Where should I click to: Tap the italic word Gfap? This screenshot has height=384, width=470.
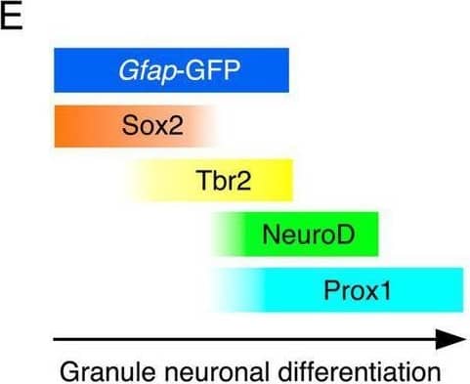coord(152,70)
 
